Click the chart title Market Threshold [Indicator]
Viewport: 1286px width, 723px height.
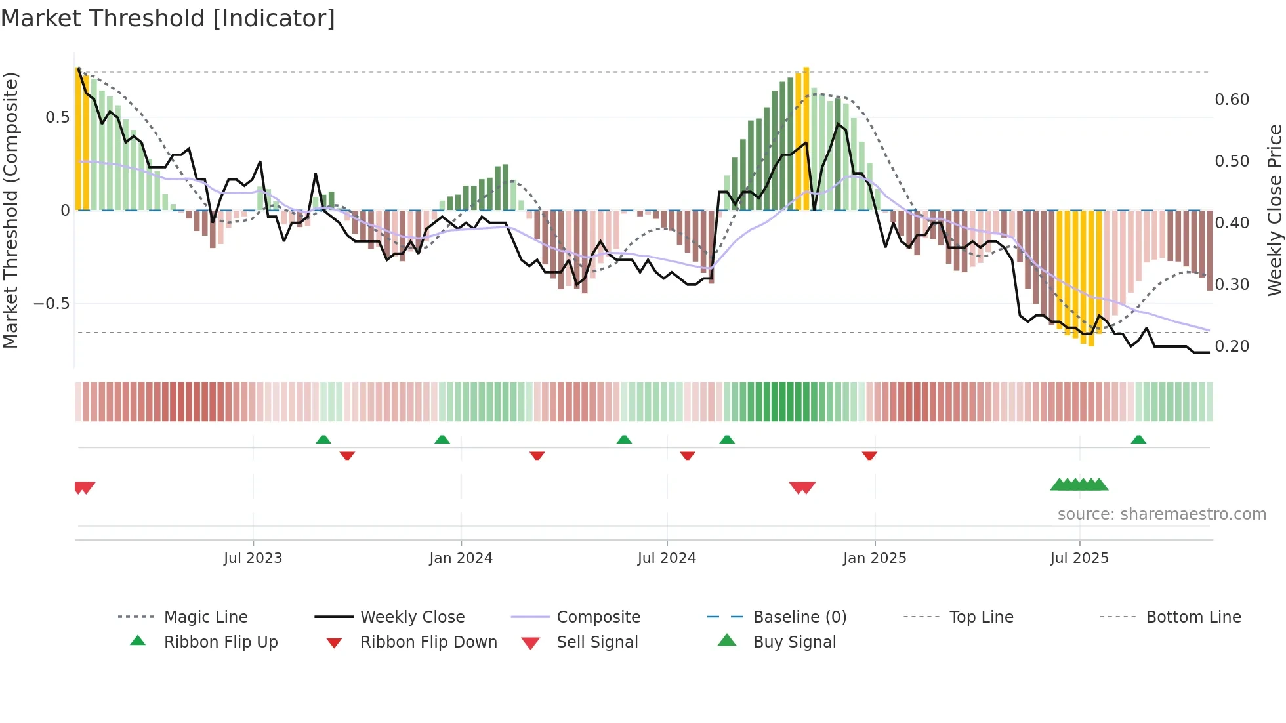[x=168, y=18]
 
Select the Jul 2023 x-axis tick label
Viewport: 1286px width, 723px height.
[x=253, y=558]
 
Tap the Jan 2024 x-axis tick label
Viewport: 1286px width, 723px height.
[x=461, y=558]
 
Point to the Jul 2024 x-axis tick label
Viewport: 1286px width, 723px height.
[x=667, y=558]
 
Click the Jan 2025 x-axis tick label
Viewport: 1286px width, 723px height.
[x=875, y=558]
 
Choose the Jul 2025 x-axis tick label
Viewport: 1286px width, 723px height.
[x=1079, y=558]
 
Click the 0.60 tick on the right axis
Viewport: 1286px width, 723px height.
[x=1232, y=100]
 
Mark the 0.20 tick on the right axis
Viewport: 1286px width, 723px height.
[x=1232, y=346]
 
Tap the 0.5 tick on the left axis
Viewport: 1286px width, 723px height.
[x=57, y=117]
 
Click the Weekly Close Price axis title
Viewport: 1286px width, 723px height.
[x=1274, y=210]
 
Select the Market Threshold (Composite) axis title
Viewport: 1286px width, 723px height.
[x=10, y=210]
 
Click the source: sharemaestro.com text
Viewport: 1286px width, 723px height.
[x=1161, y=514]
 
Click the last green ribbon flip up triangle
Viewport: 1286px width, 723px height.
[x=1138, y=440]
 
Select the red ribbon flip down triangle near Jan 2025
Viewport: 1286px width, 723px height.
[x=869, y=455]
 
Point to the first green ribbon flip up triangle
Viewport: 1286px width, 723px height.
[x=323, y=440]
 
